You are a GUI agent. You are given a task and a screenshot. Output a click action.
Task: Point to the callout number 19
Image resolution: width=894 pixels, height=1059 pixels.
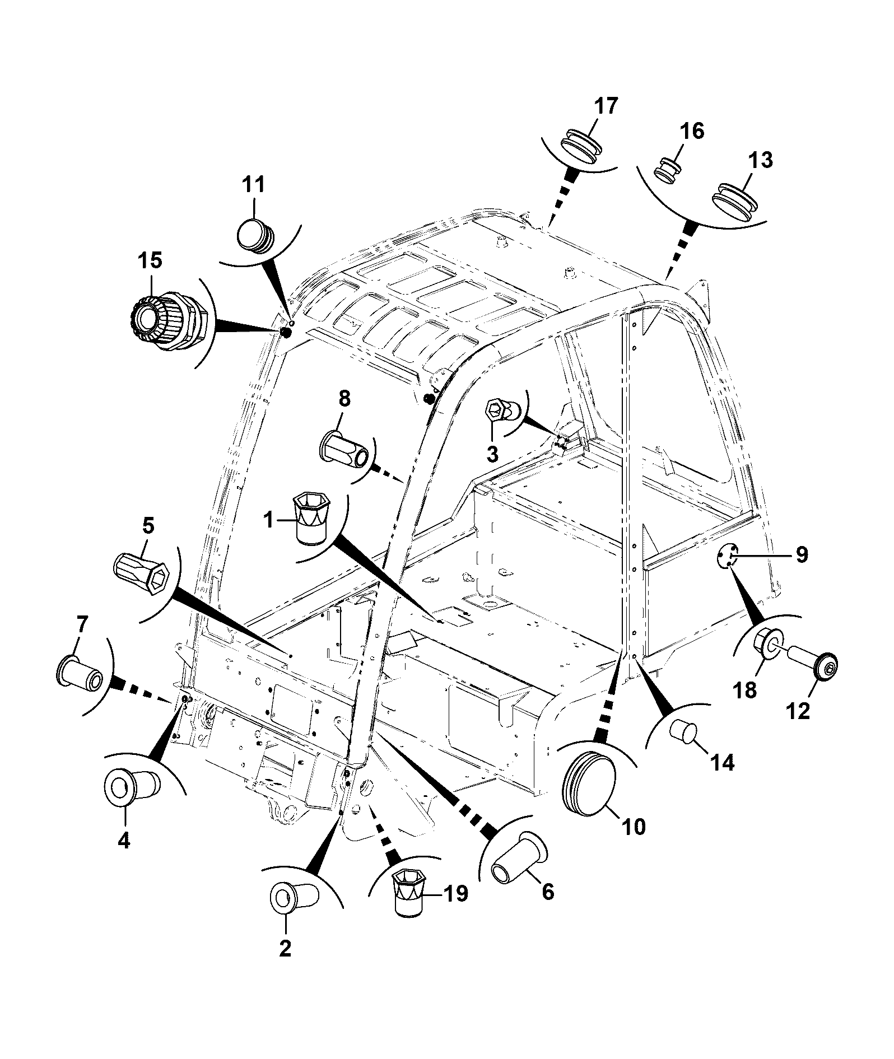point(454,893)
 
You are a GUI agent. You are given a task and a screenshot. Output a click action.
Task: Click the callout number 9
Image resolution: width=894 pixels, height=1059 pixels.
point(802,554)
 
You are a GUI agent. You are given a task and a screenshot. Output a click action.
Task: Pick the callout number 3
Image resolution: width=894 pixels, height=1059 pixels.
point(492,453)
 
